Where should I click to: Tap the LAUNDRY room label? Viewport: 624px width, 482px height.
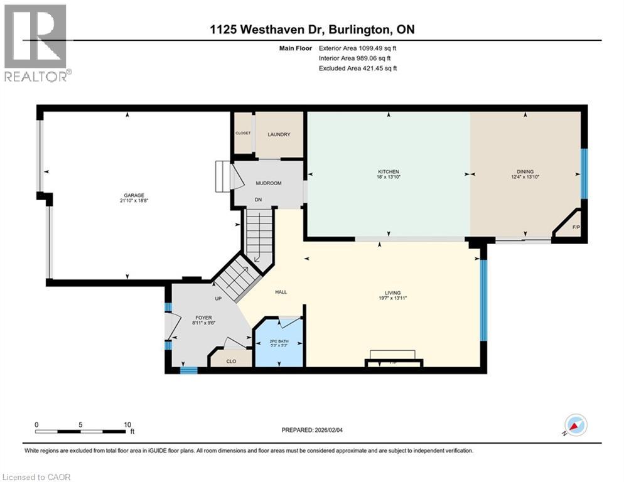coord(278,134)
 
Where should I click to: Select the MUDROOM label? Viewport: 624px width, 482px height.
coord(268,183)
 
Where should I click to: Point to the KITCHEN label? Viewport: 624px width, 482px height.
coord(389,172)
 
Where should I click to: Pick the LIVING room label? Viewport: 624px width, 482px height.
coord(393,293)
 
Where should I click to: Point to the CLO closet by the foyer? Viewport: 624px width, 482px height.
coord(230,361)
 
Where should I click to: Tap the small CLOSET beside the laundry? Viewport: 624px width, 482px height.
coord(242,133)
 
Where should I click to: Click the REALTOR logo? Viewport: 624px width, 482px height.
coord(36,43)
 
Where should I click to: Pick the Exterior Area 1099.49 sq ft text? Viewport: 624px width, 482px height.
coord(358,47)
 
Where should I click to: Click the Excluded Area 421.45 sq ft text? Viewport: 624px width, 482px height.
coord(358,68)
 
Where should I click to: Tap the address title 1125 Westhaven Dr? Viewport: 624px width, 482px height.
coord(311,29)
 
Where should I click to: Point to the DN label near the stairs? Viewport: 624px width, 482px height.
coord(257,200)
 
